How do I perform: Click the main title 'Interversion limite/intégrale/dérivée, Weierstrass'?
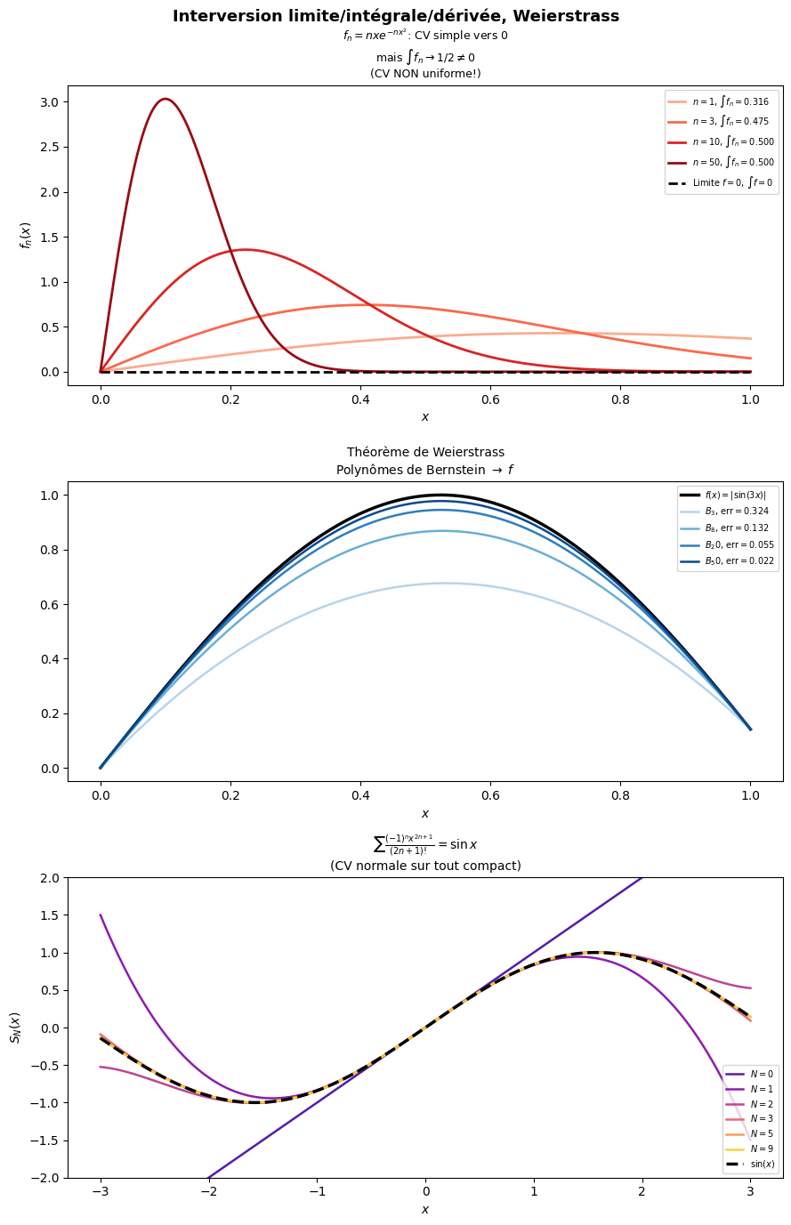395,16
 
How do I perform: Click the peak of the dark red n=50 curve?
165,99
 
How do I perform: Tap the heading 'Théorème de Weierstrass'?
425,452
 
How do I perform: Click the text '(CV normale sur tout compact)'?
425,866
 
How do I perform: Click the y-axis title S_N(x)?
15,1027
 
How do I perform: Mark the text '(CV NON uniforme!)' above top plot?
425,73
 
